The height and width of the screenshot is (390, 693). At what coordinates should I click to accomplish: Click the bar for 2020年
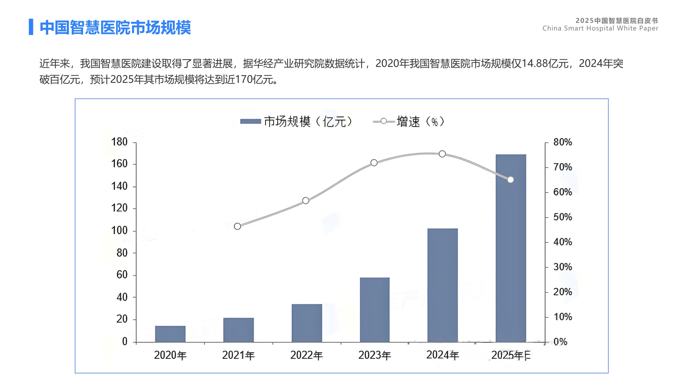(x=170, y=334)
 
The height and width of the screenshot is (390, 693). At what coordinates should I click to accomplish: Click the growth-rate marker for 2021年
(x=237, y=226)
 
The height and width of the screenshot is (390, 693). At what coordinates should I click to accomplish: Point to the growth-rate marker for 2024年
(x=442, y=154)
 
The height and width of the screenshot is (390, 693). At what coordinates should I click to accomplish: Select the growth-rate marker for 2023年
(x=374, y=163)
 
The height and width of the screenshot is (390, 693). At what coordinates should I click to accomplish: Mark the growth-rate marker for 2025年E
(x=510, y=180)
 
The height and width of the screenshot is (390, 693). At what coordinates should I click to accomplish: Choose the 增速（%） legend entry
(x=409, y=122)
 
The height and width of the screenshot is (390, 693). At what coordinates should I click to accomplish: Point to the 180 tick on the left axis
(x=119, y=142)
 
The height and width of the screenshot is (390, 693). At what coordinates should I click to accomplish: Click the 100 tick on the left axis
(x=119, y=231)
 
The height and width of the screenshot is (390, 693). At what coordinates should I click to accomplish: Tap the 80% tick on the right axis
(x=562, y=142)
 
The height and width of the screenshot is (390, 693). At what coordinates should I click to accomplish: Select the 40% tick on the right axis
(x=562, y=242)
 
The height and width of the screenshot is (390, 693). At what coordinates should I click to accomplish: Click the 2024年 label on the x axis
(x=442, y=355)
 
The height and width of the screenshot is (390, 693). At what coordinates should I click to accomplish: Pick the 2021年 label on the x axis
(x=238, y=355)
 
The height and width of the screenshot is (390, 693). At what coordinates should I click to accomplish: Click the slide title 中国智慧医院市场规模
(x=115, y=28)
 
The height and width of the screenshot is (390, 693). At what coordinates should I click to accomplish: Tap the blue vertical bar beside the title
(x=31, y=27)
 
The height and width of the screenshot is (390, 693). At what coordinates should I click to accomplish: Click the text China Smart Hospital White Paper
(x=600, y=28)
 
